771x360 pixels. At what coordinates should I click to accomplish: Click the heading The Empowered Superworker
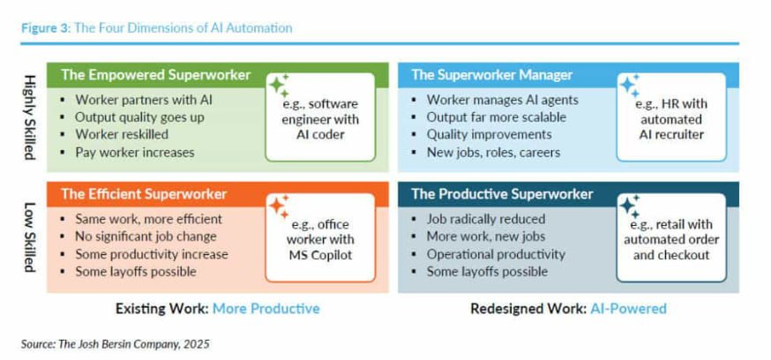[156, 75]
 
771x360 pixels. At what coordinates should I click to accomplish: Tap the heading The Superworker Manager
[492, 75]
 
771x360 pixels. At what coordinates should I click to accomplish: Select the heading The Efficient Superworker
[144, 194]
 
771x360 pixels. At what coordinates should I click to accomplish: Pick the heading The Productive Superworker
[503, 194]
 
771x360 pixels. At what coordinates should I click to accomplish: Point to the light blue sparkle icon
[630, 86]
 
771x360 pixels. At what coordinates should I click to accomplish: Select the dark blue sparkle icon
[630, 206]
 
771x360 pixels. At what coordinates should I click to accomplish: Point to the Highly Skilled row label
[29, 117]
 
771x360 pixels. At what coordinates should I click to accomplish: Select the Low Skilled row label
[29, 238]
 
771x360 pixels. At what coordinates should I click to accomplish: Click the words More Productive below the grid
[266, 309]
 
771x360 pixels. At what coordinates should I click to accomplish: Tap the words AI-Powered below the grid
[627, 309]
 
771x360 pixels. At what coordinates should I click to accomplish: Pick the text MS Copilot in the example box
[320, 256]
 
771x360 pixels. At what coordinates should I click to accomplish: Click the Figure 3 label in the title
[46, 28]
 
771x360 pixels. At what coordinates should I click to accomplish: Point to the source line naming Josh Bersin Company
[116, 344]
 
